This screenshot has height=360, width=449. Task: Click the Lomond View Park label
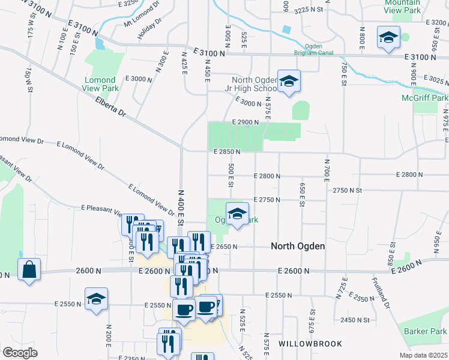(x=100, y=84)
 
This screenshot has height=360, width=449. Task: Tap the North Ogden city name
(x=298, y=246)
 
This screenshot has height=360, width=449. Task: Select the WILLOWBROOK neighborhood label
(x=310, y=344)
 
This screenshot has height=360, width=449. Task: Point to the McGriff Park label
(x=426, y=98)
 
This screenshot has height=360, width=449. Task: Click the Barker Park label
(x=426, y=331)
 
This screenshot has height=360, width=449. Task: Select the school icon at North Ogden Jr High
(x=289, y=82)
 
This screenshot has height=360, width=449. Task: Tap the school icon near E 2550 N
(x=96, y=299)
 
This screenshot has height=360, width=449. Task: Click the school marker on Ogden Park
(x=237, y=214)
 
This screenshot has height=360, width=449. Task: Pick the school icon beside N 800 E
(x=388, y=38)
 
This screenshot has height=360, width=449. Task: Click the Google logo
(x=20, y=353)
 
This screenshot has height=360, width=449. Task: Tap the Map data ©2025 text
(x=423, y=355)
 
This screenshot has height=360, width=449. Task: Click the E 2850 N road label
(x=227, y=152)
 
